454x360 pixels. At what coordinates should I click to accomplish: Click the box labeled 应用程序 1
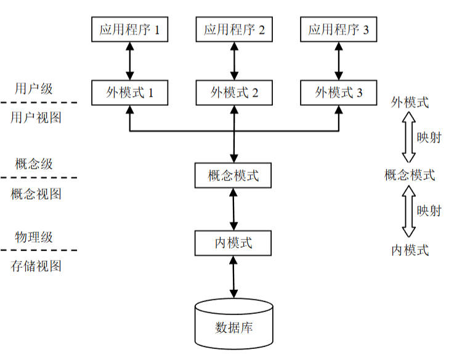coord(129,30)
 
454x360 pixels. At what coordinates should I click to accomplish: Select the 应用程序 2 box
coord(233,30)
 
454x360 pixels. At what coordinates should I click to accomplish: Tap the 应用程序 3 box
coord(338,30)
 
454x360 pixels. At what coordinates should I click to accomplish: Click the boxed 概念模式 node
coord(233,175)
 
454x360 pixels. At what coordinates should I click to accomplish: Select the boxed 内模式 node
coord(233,242)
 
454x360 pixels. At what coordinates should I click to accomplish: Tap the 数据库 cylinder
coord(233,323)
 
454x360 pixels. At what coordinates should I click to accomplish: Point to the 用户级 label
coord(34,88)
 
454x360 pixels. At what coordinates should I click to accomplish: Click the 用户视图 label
coord(36,117)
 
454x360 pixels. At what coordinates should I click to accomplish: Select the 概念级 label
coord(34,164)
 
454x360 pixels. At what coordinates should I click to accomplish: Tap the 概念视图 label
coord(36,194)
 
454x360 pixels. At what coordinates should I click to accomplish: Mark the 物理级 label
coord(34,237)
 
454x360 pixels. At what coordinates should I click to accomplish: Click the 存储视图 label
coord(36,266)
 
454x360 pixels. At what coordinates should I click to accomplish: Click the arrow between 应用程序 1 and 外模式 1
coord(129,61)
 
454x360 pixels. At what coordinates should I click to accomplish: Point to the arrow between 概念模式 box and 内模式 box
coord(233,209)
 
